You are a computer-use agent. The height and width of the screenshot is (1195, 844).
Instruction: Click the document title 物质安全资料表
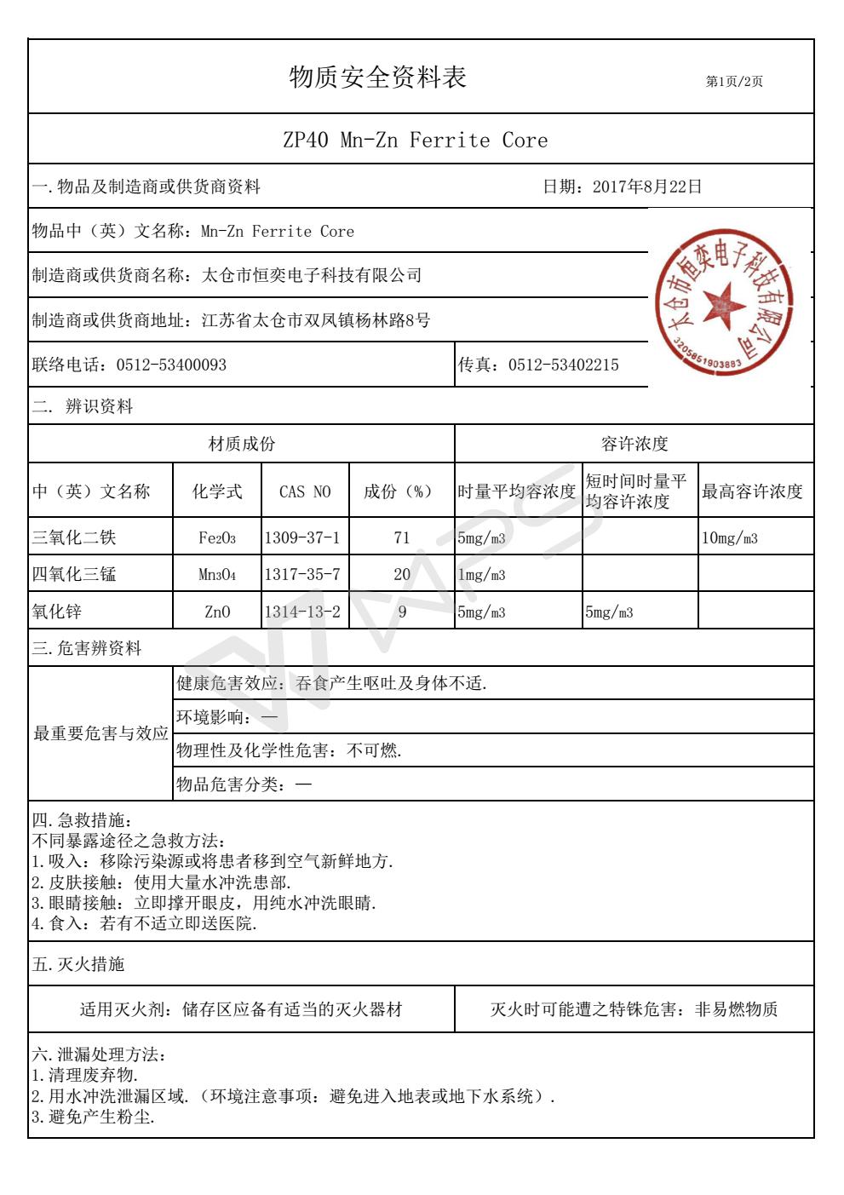pyautogui.click(x=378, y=78)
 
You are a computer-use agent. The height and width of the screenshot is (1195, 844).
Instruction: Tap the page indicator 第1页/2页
pyautogui.click(x=734, y=82)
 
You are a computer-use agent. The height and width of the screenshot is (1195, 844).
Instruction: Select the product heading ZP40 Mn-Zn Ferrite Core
pyautogui.click(x=415, y=141)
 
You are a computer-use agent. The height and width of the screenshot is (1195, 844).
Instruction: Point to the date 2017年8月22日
pyautogui.click(x=646, y=187)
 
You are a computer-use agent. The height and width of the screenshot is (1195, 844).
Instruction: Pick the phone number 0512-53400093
pyautogui.click(x=171, y=365)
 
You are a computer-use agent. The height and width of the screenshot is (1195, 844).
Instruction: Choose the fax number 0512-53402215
pyautogui.click(x=563, y=365)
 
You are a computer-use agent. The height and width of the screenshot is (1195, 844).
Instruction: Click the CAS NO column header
pyautogui.click(x=305, y=491)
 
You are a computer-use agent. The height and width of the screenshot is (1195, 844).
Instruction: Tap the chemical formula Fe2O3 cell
pyautogui.click(x=216, y=538)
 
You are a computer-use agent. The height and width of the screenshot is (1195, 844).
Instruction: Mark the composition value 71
pyautogui.click(x=402, y=537)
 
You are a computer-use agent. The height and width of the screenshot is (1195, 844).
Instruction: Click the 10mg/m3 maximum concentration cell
pyautogui.click(x=729, y=538)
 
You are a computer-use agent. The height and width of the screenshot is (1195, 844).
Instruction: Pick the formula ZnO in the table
pyautogui.click(x=217, y=612)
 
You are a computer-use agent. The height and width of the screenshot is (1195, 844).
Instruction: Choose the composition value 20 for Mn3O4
pyautogui.click(x=402, y=575)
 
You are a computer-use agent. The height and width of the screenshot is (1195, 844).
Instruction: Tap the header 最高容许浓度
pyautogui.click(x=751, y=491)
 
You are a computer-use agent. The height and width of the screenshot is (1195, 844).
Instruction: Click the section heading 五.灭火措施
pyautogui.click(x=78, y=964)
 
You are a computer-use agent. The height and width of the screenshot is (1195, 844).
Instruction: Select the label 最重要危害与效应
pyautogui.click(x=100, y=733)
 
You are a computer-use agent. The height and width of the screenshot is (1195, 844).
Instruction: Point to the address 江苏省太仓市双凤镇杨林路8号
pyautogui.click(x=315, y=321)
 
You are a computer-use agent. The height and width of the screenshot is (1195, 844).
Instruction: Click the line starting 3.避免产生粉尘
pyautogui.click(x=93, y=1118)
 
